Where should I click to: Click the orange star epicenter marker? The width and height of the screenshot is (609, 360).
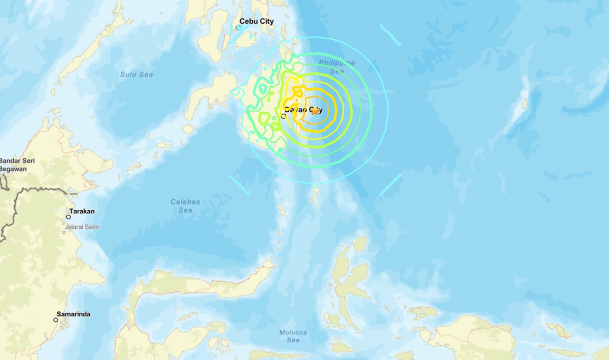pyautogui.click(x=315, y=111)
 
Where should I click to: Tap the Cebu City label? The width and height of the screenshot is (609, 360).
pyautogui.click(x=256, y=21)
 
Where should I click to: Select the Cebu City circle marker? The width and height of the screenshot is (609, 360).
pyautogui.click(x=238, y=27)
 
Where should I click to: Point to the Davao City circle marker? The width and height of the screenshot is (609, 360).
pyautogui.click(x=283, y=116)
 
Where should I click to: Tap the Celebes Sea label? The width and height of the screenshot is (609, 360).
pyautogui.click(x=185, y=206)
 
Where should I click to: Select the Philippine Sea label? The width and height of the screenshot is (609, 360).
pyautogui.click(x=337, y=67)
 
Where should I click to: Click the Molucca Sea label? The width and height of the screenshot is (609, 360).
pyautogui.click(x=293, y=336)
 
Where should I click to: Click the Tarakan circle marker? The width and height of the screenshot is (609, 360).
pyautogui.click(x=68, y=217)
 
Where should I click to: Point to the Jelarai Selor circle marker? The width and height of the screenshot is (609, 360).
pyautogui.click(x=64, y=233)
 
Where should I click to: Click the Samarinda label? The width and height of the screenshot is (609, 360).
pyautogui.click(x=74, y=314)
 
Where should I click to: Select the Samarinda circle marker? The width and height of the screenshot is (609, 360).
pyautogui.click(x=56, y=320)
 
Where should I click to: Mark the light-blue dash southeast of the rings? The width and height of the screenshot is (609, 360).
pyautogui.click(x=390, y=185)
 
